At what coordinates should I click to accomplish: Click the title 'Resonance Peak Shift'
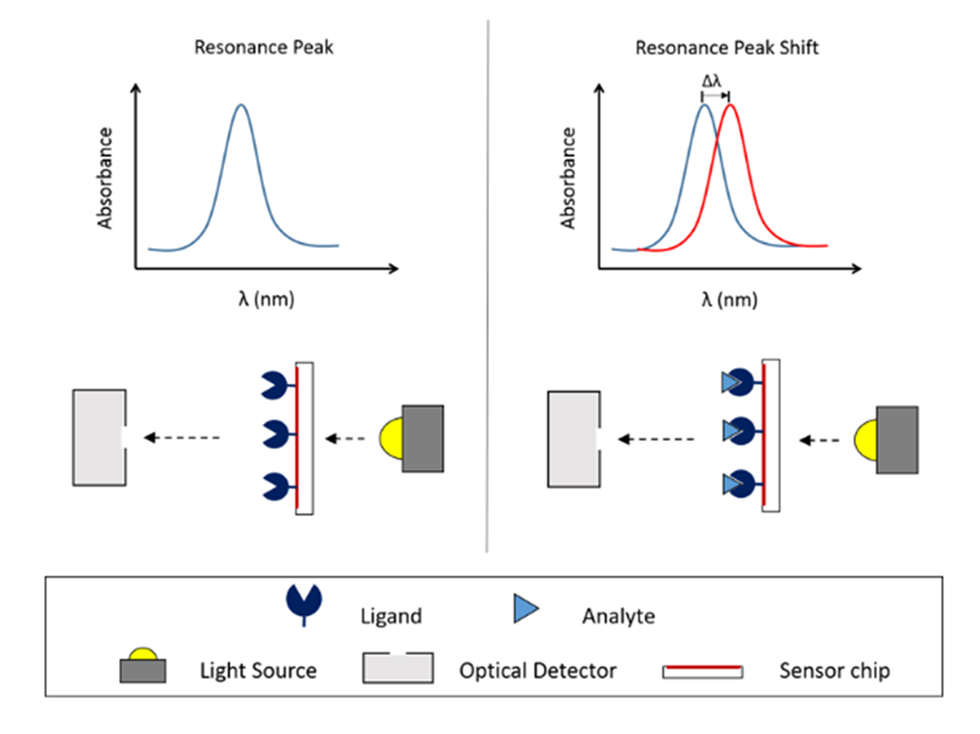727,48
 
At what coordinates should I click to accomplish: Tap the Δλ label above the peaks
712,81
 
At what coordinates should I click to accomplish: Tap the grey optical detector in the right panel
574,439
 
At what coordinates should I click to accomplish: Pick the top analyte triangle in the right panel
730,382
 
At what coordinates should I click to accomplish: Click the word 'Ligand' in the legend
391,616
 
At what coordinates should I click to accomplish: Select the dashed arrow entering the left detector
182,438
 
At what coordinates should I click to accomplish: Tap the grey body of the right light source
897,440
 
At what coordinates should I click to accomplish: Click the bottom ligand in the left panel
275,487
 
